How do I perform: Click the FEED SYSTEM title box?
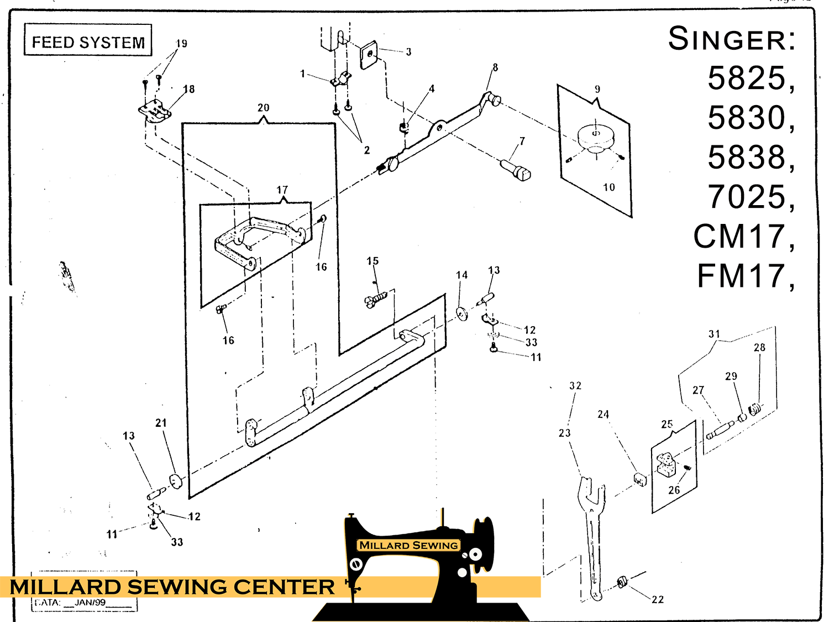(x=88, y=40)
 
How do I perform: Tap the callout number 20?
(x=263, y=108)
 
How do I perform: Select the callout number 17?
(x=282, y=190)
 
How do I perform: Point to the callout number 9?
(x=597, y=89)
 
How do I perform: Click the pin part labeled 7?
(x=516, y=169)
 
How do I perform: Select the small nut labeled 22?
(x=622, y=582)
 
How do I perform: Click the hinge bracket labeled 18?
(x=154, y=111)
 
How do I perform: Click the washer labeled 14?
(x=462, y=313)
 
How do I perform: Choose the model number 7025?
(x=747, y=197)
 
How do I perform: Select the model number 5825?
(x=747, y=78)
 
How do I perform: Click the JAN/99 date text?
(x=90, y=603)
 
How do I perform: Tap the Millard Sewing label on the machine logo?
(x=408, y=545)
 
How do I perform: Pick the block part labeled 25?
(x=666, y=464)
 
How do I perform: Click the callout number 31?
(x=714, y=334)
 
